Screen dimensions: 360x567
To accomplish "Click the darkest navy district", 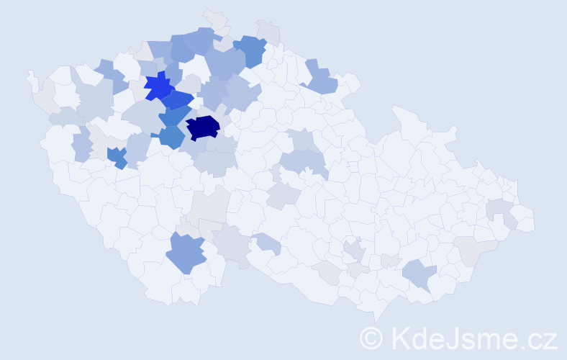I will point(203,128).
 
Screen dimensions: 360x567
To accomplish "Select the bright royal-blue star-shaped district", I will point(158,86).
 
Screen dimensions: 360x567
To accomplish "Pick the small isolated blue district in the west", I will point(117,156).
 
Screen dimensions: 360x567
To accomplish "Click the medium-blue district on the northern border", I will point(251,50).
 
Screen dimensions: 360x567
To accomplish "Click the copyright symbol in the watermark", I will point(371,338).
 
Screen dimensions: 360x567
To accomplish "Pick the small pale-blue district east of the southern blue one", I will point(266,244).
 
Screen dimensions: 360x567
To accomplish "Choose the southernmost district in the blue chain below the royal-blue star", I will point(171,136).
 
